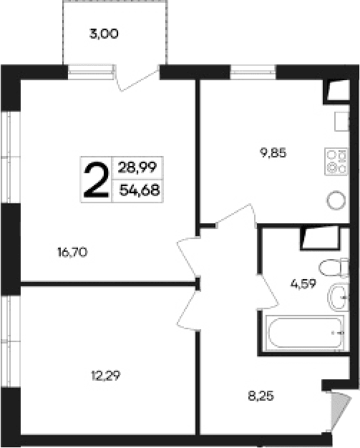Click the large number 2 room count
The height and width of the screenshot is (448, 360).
point(97,180)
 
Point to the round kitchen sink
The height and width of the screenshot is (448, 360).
point(335,200)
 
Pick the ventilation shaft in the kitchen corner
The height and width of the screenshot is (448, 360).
point(335,91)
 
